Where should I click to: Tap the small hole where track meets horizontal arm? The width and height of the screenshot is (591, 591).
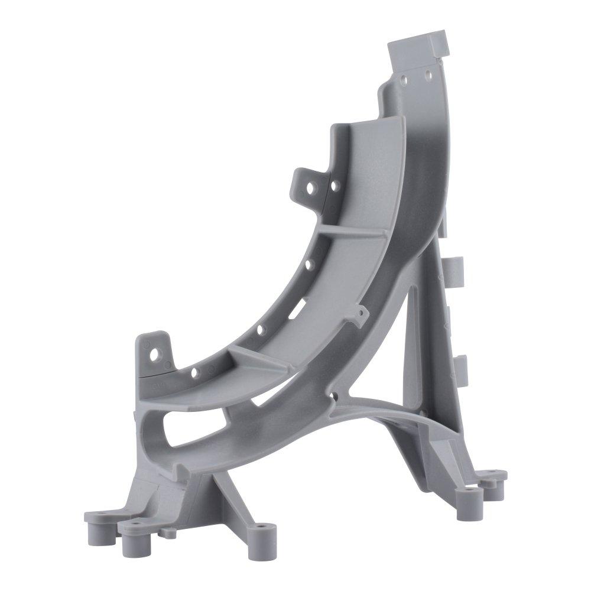(335, 397)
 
